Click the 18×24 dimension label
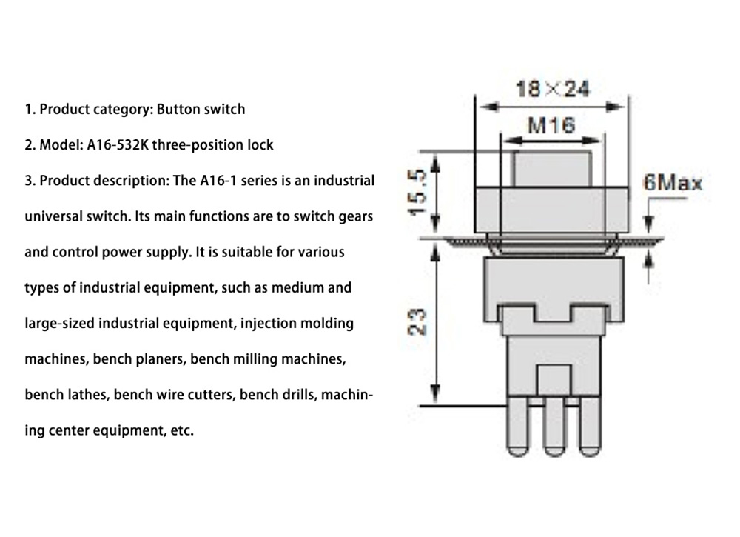point(553,90)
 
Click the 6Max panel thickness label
point(672,182)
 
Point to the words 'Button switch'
point(201,110)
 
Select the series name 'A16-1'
point(218,181)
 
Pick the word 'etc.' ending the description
point(181,430)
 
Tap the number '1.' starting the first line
point(30,110)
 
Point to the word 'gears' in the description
point(355,216)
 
